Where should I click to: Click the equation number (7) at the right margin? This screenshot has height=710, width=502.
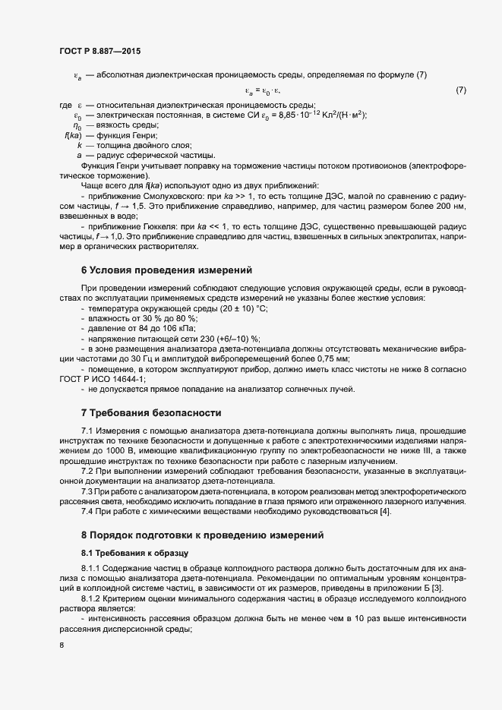pyautogui.click(x=460, y=90)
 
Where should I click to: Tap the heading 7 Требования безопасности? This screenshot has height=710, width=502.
pyautogui.click(x=151, y=413)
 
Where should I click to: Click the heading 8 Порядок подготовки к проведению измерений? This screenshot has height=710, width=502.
pyautogui.click(x=203, y=535)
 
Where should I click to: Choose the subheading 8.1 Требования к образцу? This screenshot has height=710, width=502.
pyautogui.click(x=129, y=553)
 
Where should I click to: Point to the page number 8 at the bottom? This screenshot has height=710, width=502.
pyautogui.click(x=61, y=645)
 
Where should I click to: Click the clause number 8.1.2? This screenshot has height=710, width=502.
pyautogui.click(x=92, y=598)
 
